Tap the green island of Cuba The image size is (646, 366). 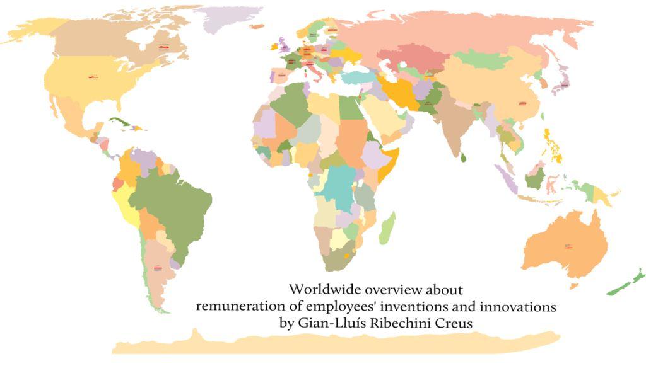[123, 123]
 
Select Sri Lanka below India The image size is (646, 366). [464, 157]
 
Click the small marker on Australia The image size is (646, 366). [568, 246]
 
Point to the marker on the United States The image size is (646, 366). [93, 77]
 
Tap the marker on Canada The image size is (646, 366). [164, 46]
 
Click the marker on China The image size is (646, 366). [522, 103]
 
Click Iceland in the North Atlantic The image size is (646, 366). [257, 26]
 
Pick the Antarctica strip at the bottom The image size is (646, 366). [334, 343]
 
